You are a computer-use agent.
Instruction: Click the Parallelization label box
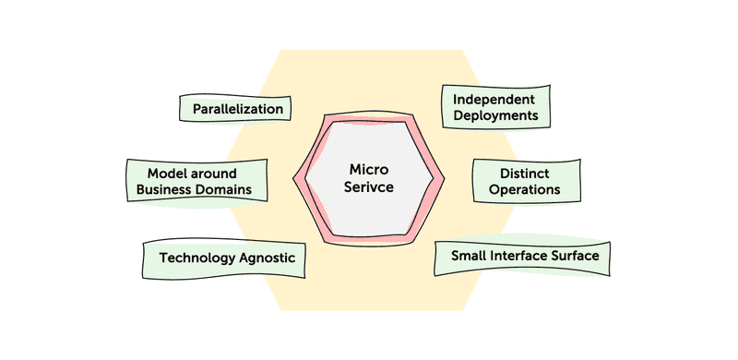point(237,109)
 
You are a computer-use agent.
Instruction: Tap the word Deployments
point(495,116)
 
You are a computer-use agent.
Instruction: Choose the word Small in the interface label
point(469,255)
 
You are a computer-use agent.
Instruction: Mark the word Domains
point(232,191)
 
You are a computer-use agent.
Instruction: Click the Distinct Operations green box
point(527,180)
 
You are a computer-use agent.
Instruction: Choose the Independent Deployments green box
point(495,107)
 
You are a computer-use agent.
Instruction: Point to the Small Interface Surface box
point(523,256)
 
